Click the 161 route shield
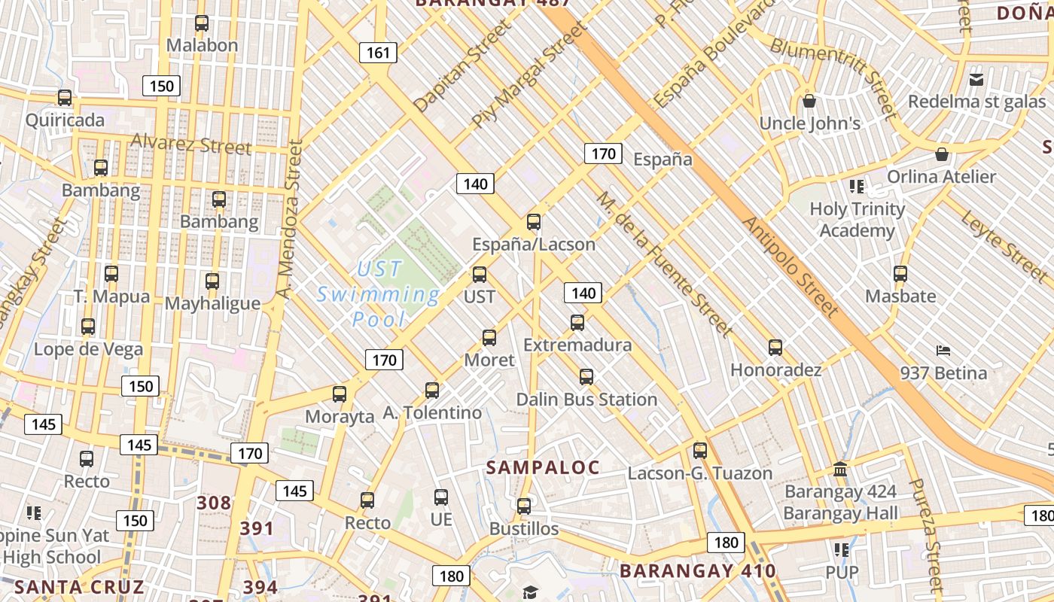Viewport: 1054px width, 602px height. (378, 53)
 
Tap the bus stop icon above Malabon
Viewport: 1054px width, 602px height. (202, 23)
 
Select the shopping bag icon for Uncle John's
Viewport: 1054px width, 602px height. (809, 101)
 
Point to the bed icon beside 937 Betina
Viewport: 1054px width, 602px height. (943, 351)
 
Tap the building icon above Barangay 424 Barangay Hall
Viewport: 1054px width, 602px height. (840, 470)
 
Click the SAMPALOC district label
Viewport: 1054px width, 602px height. (542, 467)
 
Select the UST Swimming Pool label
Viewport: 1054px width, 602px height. (379, 294)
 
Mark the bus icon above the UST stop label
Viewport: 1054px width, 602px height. (480, 275)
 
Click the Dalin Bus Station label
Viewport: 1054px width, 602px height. (586, 400)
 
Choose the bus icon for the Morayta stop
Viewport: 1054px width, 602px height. (340, 394)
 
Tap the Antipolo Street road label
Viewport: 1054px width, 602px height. (790, 266)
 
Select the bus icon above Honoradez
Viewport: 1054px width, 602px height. (775, 348)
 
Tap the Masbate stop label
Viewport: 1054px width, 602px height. (900, 296)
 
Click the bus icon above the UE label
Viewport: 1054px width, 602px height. (441, 497)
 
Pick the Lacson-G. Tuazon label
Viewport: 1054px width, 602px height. (700, 473)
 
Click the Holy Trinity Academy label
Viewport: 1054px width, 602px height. (858, 220)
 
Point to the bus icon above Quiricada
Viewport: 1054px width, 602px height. (65, 98)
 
